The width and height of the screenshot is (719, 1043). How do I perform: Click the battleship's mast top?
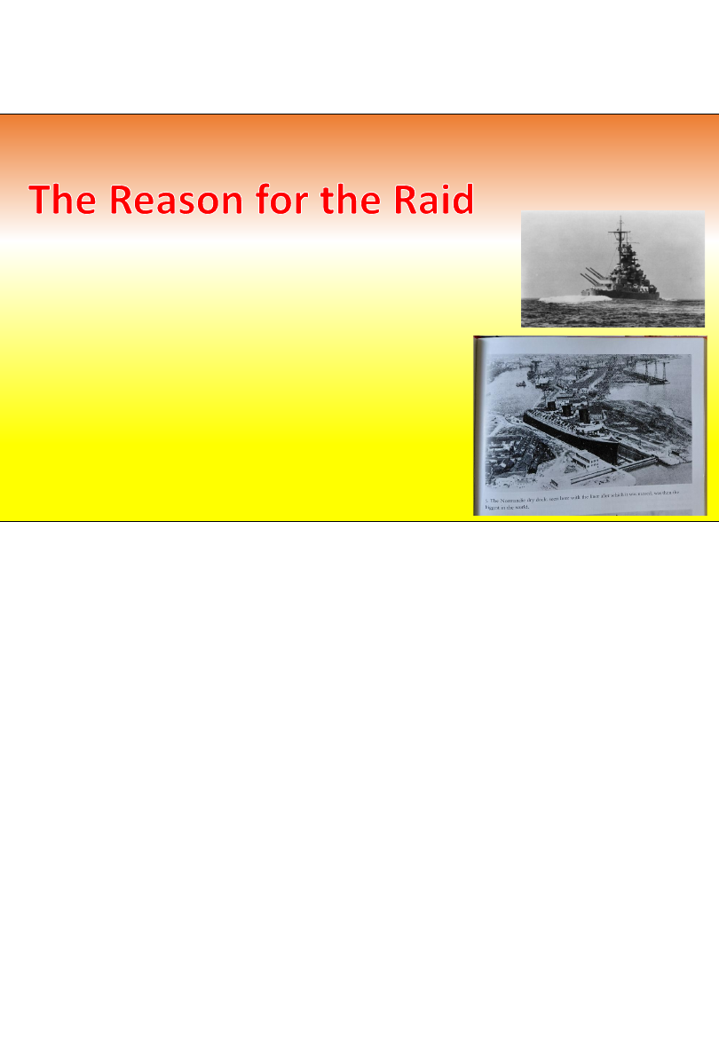coord(620,221)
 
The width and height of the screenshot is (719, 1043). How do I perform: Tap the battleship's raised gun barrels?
coord(590,274)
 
